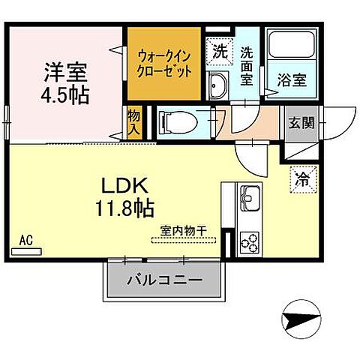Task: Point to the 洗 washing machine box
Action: (219, 53)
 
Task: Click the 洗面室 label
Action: (247, 64)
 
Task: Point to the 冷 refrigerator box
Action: (302, 178)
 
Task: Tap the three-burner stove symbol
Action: (249, 242)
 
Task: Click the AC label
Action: (25, 241)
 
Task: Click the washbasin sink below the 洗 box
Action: (219, 84)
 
